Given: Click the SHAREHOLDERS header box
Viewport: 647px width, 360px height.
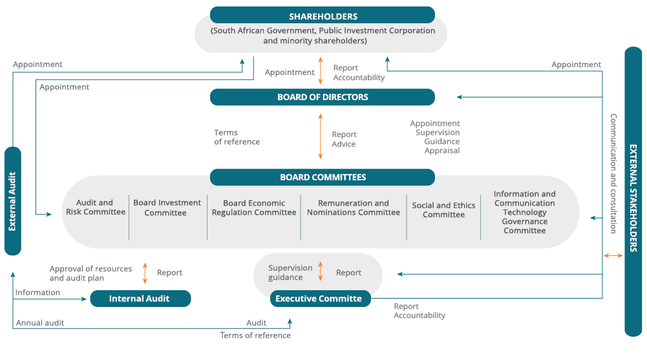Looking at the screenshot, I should (x=322, y=16).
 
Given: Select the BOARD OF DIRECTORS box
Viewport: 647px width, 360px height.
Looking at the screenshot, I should (x=322, y=98).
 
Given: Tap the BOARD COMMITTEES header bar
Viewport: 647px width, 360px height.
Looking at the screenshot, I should (x=322, y=177).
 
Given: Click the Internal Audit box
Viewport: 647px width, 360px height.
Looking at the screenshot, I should (x=140, y=299).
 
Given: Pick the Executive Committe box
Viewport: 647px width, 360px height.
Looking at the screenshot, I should (x=320, y=299).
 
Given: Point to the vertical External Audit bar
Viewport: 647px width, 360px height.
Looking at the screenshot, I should (x=12, y=201).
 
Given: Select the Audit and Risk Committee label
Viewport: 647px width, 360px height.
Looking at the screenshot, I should (x=95, y=207).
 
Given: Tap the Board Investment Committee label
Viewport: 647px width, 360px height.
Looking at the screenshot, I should (x=167, y=207).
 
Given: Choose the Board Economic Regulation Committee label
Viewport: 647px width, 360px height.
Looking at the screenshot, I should (x=253, y=207).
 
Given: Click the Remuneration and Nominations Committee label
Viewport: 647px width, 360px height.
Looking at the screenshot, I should (x=353, y=207).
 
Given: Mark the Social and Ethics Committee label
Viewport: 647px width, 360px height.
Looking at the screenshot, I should (x=443, y=210).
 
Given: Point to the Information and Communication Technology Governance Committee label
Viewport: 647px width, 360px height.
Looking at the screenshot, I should (x=524, y=212).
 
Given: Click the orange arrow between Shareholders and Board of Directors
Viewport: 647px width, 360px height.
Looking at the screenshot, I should (x=321, y=70).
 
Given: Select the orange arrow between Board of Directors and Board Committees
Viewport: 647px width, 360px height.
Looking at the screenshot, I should (x=321, y=136).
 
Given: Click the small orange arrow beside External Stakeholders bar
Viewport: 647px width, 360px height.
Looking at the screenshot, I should (x=613, y=256).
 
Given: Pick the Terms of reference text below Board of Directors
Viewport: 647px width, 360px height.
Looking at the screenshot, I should (x=237, y=137).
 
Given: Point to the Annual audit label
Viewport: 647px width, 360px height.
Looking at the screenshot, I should (x=40, y=323).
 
